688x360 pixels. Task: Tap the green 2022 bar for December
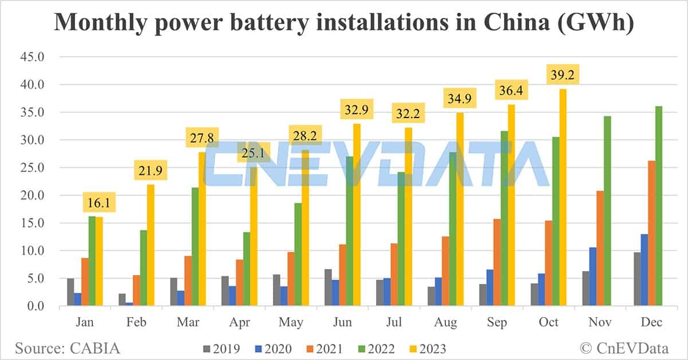click(x=659, y=206)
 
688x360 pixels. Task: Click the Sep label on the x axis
click(x=497, y=323)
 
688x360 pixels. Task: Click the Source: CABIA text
click(x=68, y=348)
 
